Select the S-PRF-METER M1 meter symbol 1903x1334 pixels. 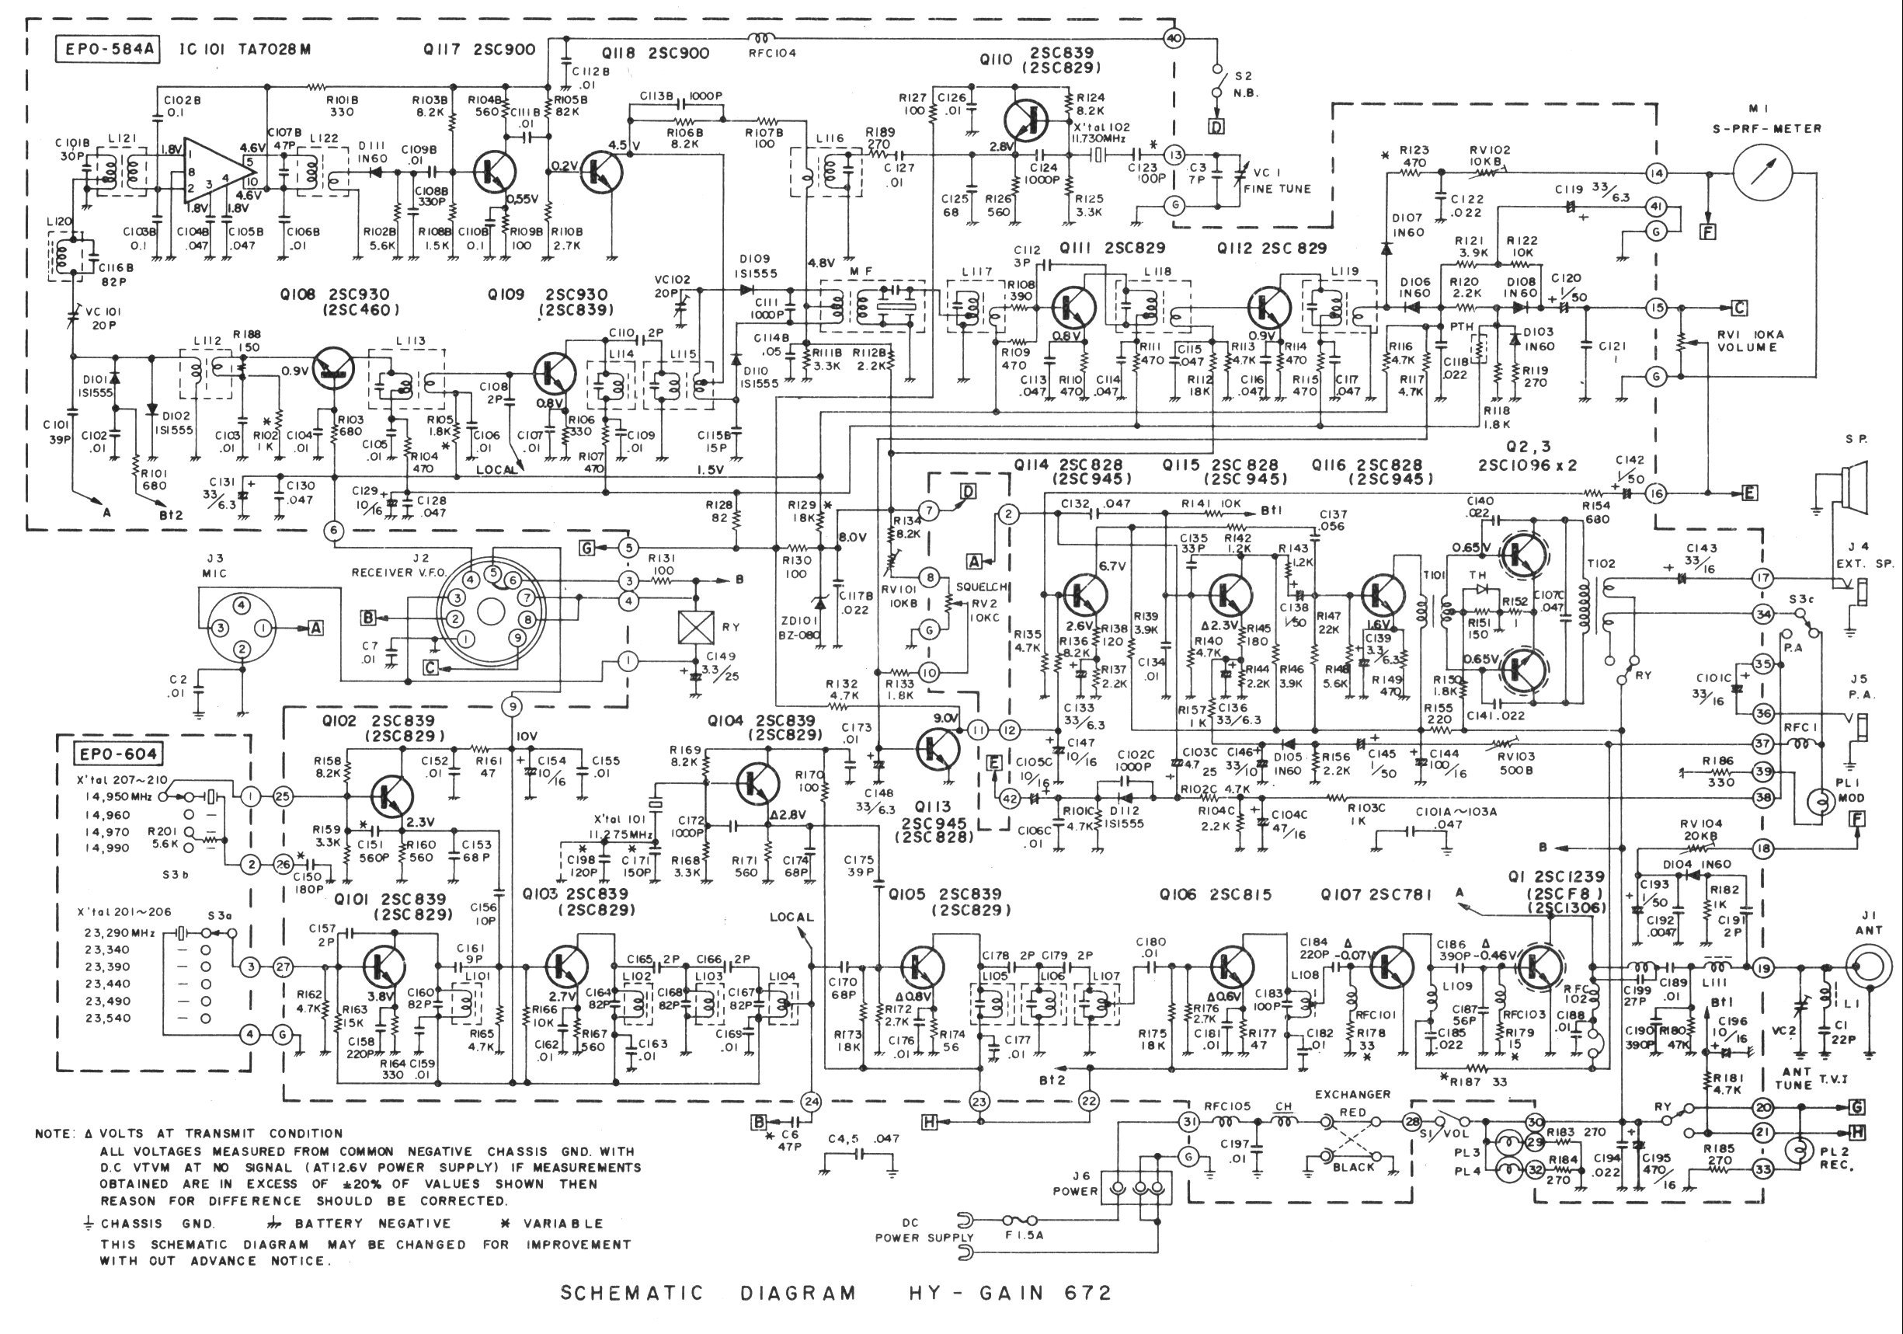point(1762,172)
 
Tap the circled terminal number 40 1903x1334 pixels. point(1174,38)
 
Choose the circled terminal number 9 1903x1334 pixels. point(513,706)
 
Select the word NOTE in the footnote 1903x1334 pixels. point(55,1134)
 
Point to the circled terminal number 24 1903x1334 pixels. point(811,1102)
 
